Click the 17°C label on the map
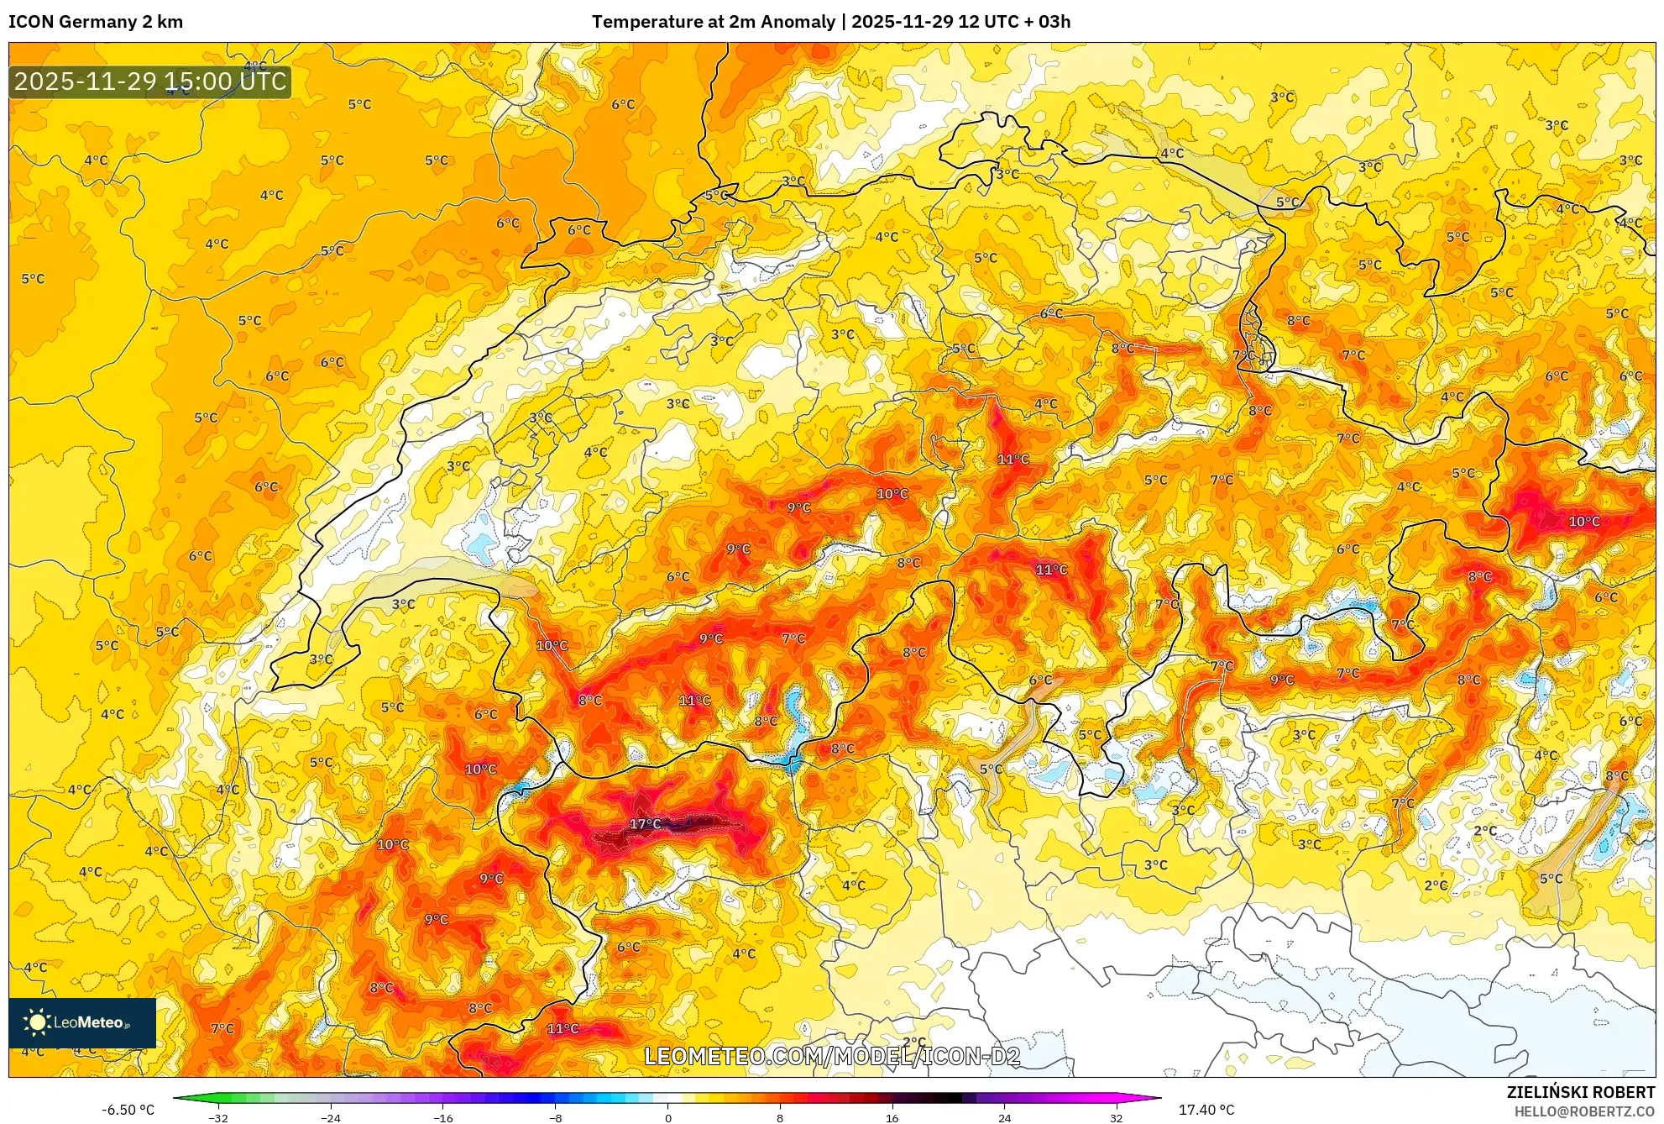click(645, 824)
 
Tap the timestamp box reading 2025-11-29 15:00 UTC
click(150, 81)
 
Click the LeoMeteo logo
click(81, 1022)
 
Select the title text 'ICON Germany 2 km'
click(96, 22)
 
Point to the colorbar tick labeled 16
click(892, 1117)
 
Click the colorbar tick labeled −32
click(218, 1117)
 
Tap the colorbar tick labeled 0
click(668, 1117)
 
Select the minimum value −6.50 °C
click(128, 1110)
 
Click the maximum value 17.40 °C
click(1206, 1110)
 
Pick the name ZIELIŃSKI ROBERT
click(1580, 1092)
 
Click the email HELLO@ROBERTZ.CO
click(1583, 1111)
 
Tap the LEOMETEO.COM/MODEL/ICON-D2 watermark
click(832, 1056)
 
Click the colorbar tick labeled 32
click(1116, 1117)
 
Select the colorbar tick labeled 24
click(1004, 1117)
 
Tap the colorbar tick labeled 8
click(780, 1117)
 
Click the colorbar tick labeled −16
click(442, 1117)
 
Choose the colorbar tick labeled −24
click(331, 1117)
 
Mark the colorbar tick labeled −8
click(555, 1117)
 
